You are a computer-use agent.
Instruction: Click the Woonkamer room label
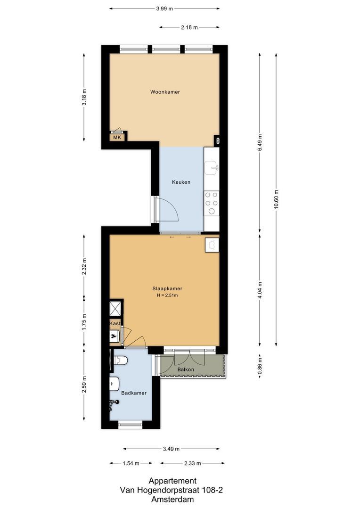[x=165, y=91]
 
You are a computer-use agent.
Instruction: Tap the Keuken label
[x=181, y=182]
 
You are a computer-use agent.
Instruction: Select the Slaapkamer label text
[x=167, y=288]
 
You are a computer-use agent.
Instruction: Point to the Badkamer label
[x=134, y=393]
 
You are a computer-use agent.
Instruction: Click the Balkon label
[x=186, y=369]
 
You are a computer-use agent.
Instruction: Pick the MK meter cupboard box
[x=117, y=137]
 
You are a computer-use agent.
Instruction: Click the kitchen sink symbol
[x=213, y=166]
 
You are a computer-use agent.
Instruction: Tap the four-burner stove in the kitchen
[x=212, y=203]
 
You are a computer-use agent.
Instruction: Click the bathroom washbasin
[x=114, y=384]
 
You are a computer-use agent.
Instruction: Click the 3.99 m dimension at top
[x=164, y=8]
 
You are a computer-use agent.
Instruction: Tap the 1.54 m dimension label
[x=131, y=463]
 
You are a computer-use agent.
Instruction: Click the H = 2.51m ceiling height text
[x=167, y=296]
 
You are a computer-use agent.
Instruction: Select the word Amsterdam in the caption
[x=172, y=499]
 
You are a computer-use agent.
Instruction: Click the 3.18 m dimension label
[x=84, y=97]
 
